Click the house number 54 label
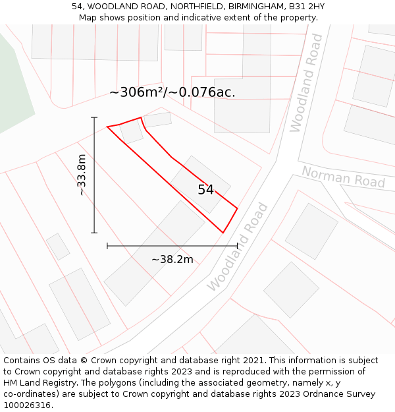(205, 190)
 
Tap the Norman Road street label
(343, 177)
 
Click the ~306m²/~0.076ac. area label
(172, 92)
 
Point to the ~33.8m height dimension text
(82, 175)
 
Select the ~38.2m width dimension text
(172, 259)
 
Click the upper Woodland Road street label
(307, 82)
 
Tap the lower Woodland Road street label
(238, 247)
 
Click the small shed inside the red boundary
(132, 131)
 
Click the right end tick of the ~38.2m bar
(237, 246)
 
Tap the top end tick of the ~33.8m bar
(94, 118)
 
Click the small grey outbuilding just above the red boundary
(158, 119)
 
